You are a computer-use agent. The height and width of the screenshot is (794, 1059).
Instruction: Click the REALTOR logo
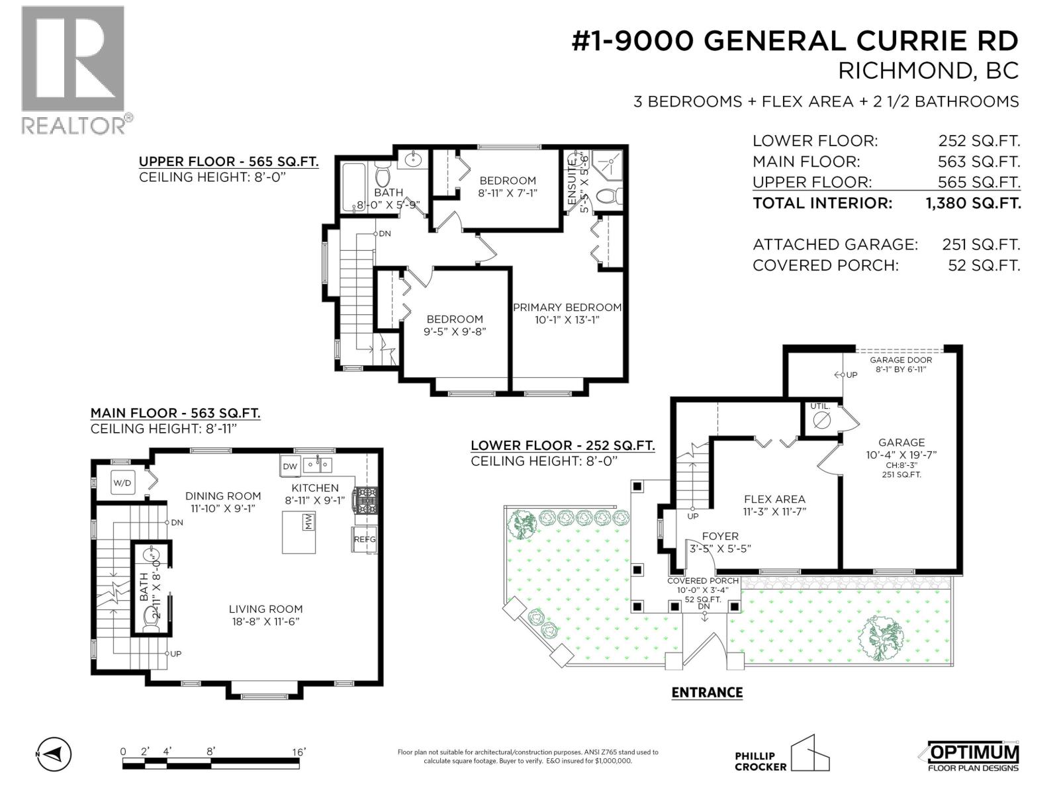coord(73,69)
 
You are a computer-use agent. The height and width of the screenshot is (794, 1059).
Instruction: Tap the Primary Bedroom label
coord(567,307)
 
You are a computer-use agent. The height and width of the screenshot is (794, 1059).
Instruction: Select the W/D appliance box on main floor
coord(122,483)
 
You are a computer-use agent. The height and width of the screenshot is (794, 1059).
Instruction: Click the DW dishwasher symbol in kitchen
coord(290,466)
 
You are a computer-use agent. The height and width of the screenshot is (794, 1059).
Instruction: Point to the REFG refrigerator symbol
coord(364,539)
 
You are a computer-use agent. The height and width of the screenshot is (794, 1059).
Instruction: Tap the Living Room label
coord(265,609)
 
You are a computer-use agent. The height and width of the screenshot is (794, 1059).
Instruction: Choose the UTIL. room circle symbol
coord(821,420)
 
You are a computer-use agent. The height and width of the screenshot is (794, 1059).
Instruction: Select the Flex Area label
coord(774,499)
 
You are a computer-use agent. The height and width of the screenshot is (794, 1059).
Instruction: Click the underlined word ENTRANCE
coord(707,692)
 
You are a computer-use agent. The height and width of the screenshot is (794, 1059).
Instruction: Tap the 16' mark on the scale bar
coord(298,752)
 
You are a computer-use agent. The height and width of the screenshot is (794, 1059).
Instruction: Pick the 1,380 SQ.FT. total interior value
coord(973,203)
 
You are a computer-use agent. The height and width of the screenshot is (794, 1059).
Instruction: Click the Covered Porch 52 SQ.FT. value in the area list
coord(984,265)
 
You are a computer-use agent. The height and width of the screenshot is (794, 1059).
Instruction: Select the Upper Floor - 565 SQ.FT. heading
coord(228,161)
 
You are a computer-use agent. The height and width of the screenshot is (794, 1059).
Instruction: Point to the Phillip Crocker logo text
coord(760,761)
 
